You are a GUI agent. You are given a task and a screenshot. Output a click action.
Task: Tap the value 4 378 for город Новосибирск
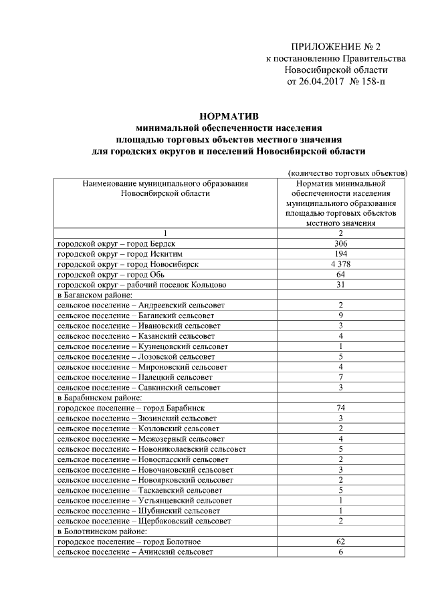point(340,264)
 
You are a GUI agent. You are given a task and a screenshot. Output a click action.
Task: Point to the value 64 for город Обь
point(340,274)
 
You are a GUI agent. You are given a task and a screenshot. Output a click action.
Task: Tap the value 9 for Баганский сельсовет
point(340,315)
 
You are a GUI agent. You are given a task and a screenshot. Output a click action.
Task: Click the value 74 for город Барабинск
point(340,407)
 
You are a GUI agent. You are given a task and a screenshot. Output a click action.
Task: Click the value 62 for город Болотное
point(340,541)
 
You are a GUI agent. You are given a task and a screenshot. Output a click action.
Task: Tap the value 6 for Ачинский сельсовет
point(340,551)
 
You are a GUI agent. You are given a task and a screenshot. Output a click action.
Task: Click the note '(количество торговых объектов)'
point(347,172)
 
